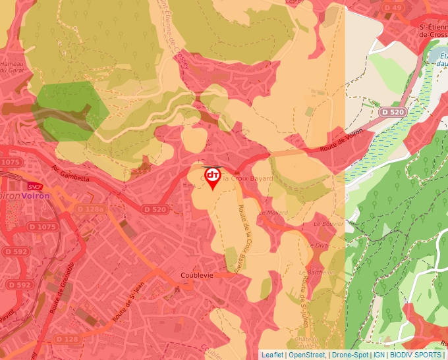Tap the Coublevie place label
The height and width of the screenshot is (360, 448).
pyautogui.click(x=196, y=276)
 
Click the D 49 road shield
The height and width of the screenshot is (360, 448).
pyautogui.click(x=393, y=8)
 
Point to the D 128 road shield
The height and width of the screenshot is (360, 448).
pyautogui.click(x=67, y=338)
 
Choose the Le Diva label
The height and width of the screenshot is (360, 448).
pyautogui.click(x=318, y=245)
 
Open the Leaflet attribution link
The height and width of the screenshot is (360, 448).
pyautogui.click(x=272, y=355)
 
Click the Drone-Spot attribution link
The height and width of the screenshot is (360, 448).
pyautogui.click(x=350, y=355)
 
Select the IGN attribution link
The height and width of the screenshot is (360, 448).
pyautogui.click(x=379, y=355)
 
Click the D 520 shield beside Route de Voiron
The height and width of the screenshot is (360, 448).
pyautogui.click(x=393, y=113)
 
